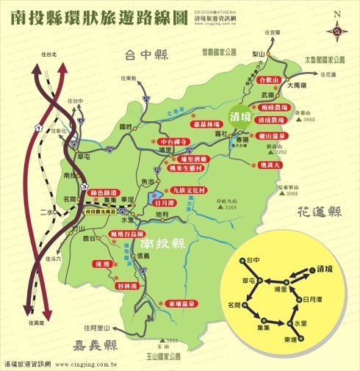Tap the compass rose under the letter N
click(338, 30)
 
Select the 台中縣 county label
click(147, 54)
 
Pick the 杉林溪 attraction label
click(126, 285)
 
